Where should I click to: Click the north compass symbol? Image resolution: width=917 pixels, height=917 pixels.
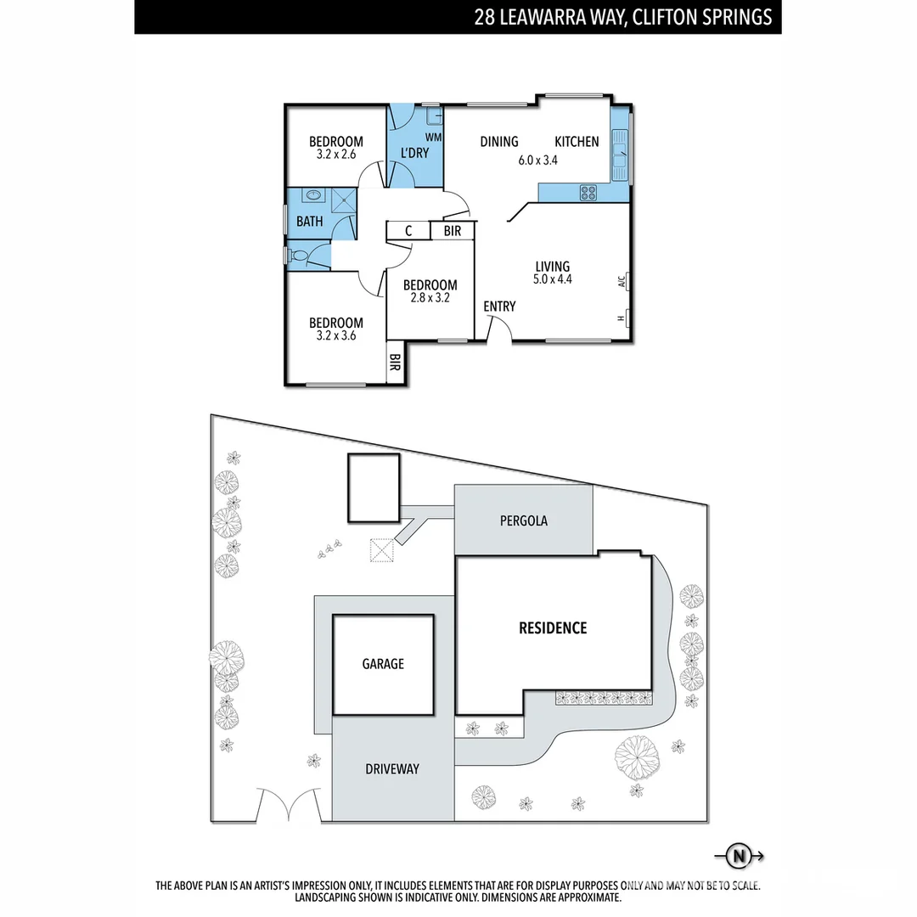(739, 857)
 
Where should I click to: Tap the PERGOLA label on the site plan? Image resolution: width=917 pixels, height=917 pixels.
(523, 520)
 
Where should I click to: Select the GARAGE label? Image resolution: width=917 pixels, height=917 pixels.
(383, 664)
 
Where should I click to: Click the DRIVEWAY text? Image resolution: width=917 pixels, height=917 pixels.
(392, 769)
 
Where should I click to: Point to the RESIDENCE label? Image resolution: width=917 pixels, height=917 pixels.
(553, 628)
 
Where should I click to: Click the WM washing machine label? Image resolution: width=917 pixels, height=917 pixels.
(433, 137)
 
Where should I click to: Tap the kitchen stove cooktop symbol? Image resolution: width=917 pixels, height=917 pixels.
(587, 194)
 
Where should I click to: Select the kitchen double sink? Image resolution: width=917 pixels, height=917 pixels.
(619, 157)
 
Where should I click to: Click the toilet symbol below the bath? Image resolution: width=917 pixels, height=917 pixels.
(298, 254)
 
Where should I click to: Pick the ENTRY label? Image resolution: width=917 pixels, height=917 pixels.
(499, 306)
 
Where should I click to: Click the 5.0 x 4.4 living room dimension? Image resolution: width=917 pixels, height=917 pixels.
(552, 278)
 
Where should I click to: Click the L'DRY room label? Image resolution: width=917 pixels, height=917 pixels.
(413, 153)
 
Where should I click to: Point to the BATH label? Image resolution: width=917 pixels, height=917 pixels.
(309, 222)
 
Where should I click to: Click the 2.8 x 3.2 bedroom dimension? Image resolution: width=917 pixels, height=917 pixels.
(430, 298)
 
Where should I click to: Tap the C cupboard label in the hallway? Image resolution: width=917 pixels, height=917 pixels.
(408, 231)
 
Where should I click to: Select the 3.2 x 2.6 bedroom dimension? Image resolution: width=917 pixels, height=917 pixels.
(335, 155)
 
